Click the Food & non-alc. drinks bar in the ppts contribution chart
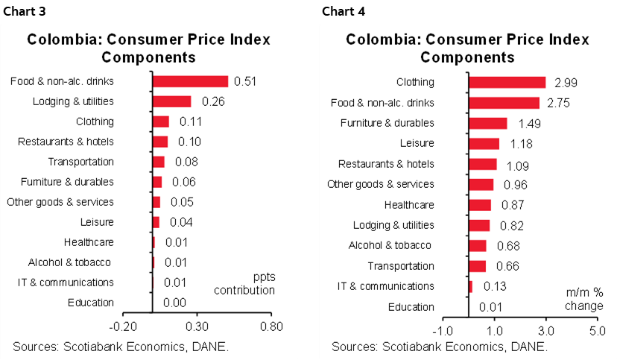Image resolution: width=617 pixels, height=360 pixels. click(190, 81)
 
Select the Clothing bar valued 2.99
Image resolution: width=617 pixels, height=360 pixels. click(506, 83)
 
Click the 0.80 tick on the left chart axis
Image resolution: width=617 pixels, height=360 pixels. click(271, 326)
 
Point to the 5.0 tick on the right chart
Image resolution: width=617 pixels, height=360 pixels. click(597, 330)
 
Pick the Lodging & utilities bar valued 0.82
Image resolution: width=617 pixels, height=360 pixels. click(478, 225)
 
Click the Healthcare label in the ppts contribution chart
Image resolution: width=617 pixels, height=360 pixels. click(89, 242)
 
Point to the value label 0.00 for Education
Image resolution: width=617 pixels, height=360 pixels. click(174, 303)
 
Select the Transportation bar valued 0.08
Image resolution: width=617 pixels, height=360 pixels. click(159, 162)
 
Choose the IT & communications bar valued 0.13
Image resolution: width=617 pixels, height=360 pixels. click(470, 286)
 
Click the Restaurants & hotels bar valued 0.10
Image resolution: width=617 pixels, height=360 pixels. click(160, 142)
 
